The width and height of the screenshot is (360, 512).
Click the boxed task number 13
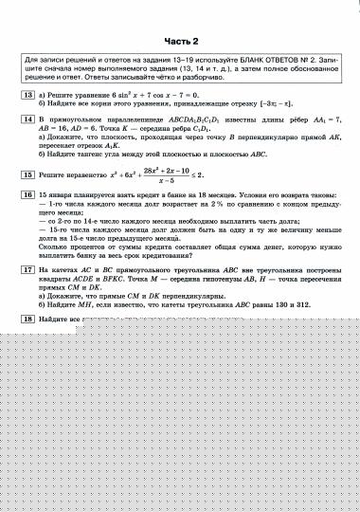point(28,97)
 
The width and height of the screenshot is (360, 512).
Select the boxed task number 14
point(28,121)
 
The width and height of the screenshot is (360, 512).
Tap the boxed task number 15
point(28,175)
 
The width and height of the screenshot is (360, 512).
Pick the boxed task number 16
point(28,193)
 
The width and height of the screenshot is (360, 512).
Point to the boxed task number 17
point(28,269)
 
